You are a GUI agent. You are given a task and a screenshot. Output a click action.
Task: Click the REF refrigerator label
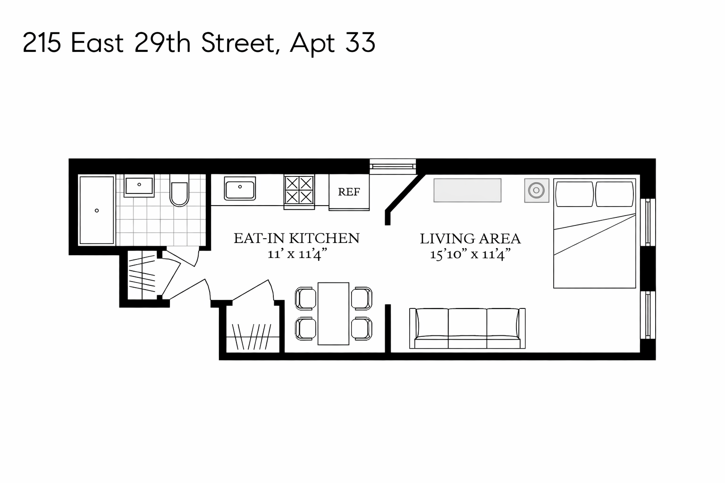click(x=349, y=192)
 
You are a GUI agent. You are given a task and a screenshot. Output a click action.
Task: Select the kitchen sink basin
click(x=240, y=189)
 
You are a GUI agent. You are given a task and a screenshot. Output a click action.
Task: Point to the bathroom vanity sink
click(x=139, y=186)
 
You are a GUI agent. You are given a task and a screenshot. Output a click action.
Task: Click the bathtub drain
click(x=97, y=210)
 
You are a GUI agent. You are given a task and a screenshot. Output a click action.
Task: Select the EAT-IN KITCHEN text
click(x=296, y=238)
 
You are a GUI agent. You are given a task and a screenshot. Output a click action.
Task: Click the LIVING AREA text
click(x=470, y=239)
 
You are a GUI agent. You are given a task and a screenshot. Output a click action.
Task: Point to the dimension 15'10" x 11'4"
click(x=470, y=255)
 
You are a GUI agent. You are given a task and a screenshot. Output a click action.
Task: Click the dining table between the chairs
click(x=333, y=313)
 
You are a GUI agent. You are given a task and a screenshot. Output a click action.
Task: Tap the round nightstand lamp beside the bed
click(x=537, y=191)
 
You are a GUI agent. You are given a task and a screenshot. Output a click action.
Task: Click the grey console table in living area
click(x=467, y=190)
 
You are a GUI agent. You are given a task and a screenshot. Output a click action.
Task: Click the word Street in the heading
click(x=237, y=43)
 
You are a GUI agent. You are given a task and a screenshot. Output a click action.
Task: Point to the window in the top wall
click(x=393, y=166)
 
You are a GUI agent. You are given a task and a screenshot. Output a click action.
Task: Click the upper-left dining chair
click(x=305, y=298)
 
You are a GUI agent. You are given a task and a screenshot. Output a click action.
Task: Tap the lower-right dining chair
click(x=362, y=328)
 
